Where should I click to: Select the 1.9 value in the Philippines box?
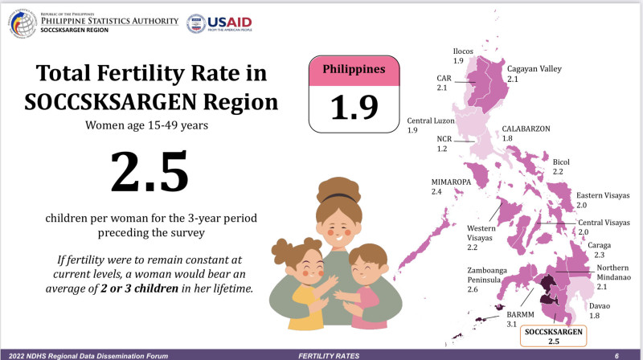(x=354, y=104)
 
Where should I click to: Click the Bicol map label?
(x=561, y=166)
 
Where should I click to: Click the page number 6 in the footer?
(x=616, y=354)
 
